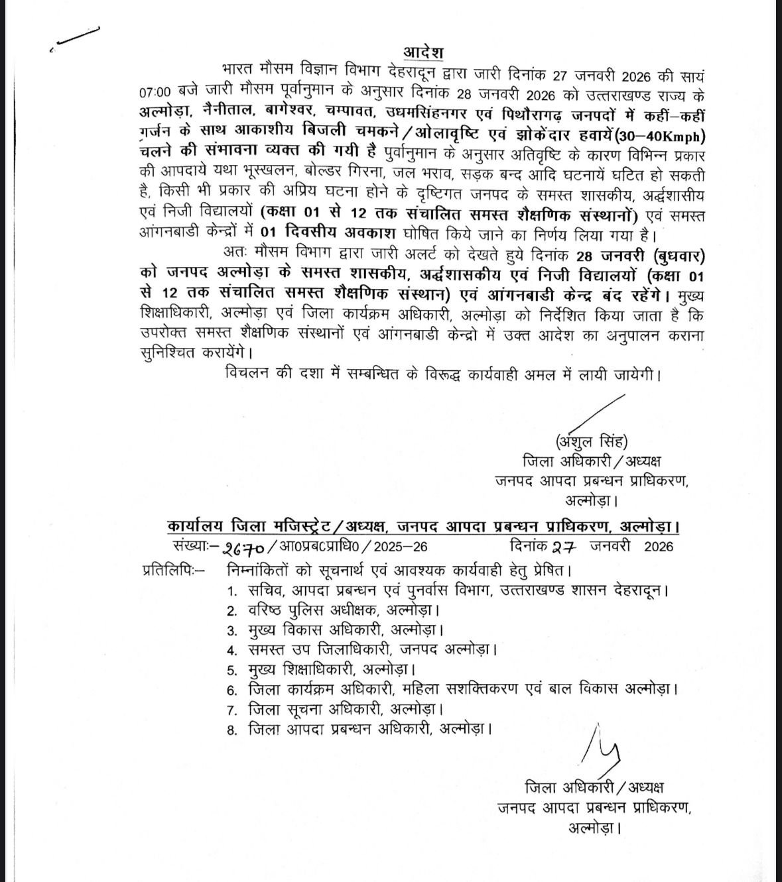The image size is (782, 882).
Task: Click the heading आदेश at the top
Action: coord(423,53)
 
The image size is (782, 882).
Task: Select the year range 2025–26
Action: coord(401,547)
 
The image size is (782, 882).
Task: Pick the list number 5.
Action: coord(231,671)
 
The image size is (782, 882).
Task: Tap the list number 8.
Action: coord(231,730)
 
